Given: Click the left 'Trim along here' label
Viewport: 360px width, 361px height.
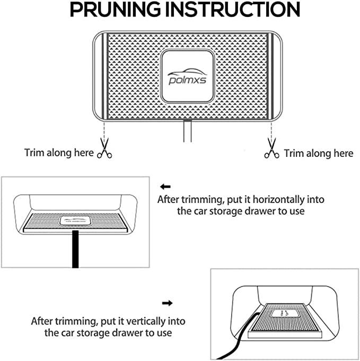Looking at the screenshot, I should point(59,154).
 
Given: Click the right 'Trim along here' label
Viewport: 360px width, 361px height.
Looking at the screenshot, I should point(318,154).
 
